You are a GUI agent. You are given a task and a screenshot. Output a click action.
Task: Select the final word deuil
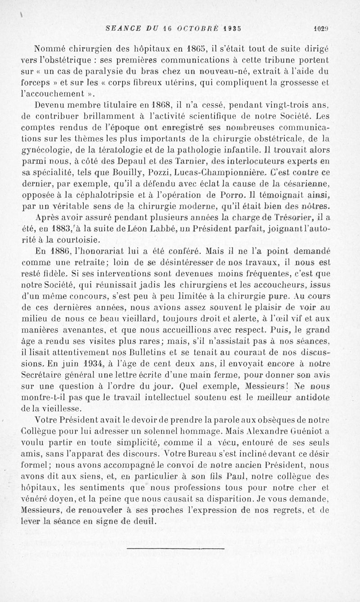[138, 520]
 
